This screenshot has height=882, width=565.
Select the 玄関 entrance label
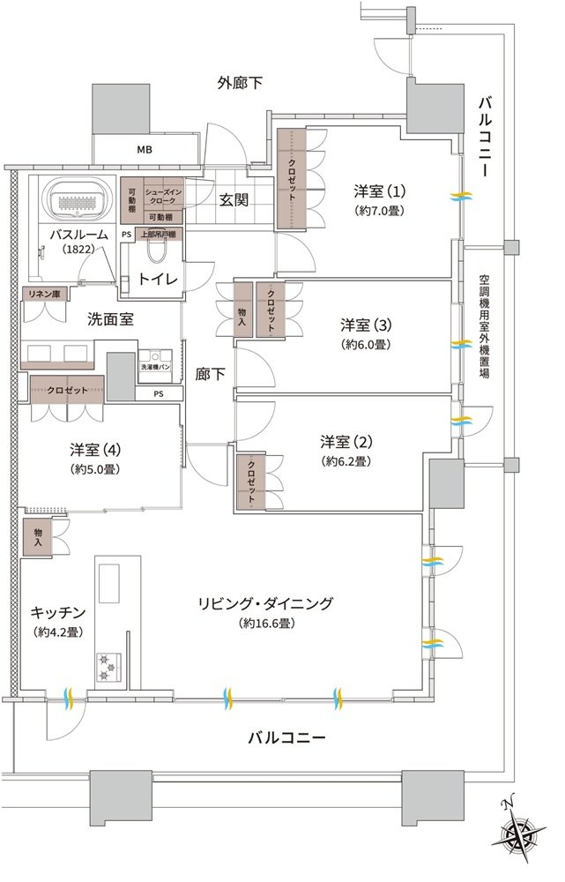click(234, 199)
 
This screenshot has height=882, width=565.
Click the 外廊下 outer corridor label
click(240, 83)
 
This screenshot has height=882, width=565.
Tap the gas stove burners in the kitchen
click(108, 668)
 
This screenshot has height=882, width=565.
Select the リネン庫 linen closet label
click(45, 293)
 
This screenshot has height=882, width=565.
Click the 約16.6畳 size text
click(266, 624)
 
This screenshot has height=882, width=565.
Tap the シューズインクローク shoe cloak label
click(163, 197)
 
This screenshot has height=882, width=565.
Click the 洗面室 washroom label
click(111, 319)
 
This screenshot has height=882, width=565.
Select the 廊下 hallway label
click(211, 373)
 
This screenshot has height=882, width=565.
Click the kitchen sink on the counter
click(109, 583)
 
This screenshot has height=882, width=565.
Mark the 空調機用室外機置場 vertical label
click(484, 325)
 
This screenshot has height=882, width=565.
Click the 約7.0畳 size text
click(380, 211)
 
